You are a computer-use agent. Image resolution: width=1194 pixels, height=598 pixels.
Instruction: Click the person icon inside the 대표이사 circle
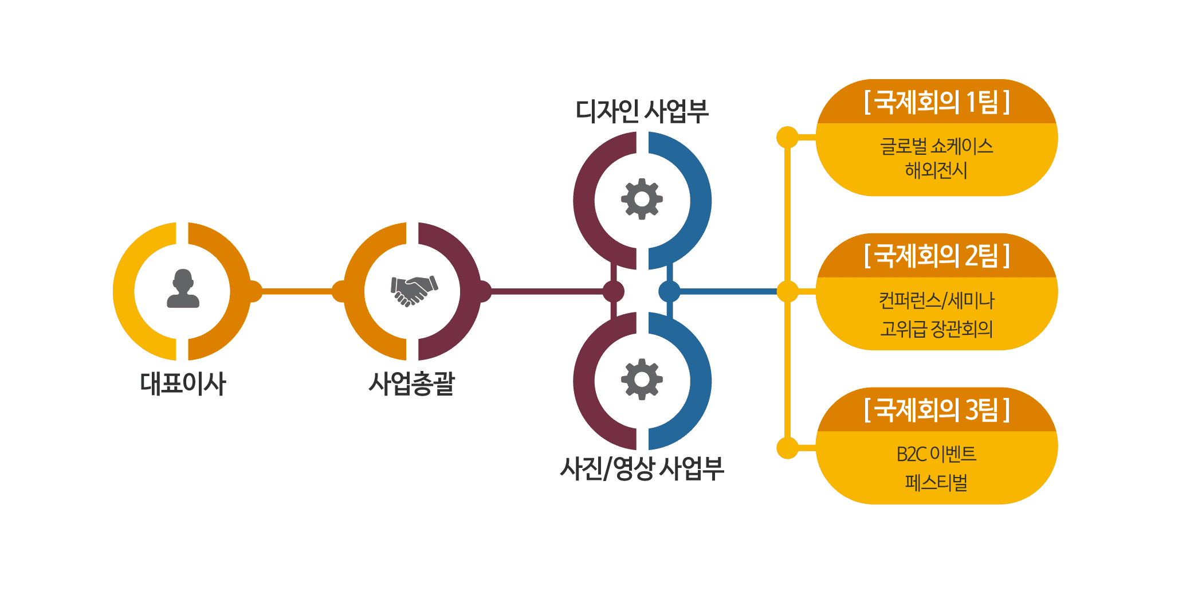(x=183, y=289)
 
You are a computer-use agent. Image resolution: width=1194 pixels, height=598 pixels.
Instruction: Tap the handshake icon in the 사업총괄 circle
(x=414, y=291)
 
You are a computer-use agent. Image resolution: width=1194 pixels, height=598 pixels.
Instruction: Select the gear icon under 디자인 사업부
(x=642, y=199)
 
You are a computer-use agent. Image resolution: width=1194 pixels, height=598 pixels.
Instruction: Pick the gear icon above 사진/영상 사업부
(x=642, y=379)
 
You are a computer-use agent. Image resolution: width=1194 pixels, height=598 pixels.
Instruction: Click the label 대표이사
(x=183, y=384)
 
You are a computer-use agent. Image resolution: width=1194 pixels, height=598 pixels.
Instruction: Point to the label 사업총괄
(x=412, y=384)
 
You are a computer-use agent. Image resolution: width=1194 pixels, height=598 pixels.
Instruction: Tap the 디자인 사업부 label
(x=642, y=111)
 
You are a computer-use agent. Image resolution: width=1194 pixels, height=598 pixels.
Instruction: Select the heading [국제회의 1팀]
(x=936, y=102)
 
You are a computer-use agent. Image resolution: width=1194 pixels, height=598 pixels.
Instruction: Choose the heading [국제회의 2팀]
(x=936, y=256)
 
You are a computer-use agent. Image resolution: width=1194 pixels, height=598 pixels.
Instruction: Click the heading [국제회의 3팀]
(x=936, y=410)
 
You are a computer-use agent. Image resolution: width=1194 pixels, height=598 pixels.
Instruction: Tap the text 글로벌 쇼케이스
(x=936, y=146)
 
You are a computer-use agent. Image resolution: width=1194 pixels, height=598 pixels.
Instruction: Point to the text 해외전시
(x=936, y=170)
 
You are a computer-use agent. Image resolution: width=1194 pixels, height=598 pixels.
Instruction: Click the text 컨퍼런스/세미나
(x=936, y=300)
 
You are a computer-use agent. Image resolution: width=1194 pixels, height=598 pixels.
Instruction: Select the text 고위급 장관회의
(x=936, y=329)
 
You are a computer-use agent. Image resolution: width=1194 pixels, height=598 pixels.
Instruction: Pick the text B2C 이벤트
(x=936, y=454)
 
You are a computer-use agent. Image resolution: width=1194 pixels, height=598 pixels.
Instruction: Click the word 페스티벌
(x=936, y=483)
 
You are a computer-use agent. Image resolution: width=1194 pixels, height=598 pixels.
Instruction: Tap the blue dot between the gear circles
(x=669, y=291)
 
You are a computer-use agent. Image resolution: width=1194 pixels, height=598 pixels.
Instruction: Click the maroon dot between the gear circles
(x=613, y=291)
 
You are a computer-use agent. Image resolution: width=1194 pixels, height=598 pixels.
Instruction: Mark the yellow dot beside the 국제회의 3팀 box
(x=787, y=448)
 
